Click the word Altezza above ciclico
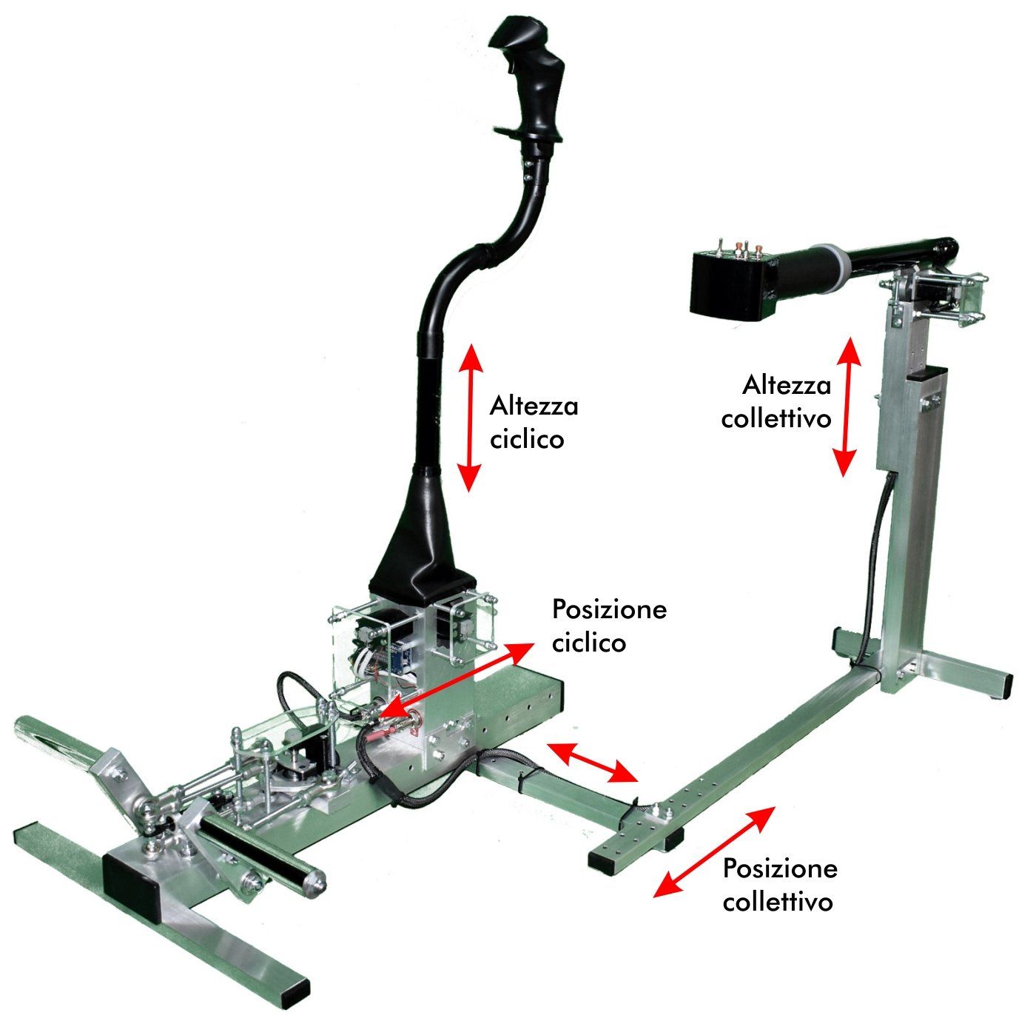pos(534,405)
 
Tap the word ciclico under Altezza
pos(527,440)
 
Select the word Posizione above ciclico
pos(610,609)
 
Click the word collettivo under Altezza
pos(776,418)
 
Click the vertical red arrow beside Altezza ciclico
pos(470,418)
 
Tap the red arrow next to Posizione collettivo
pos(714,852)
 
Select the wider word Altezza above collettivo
pos(787,385)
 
